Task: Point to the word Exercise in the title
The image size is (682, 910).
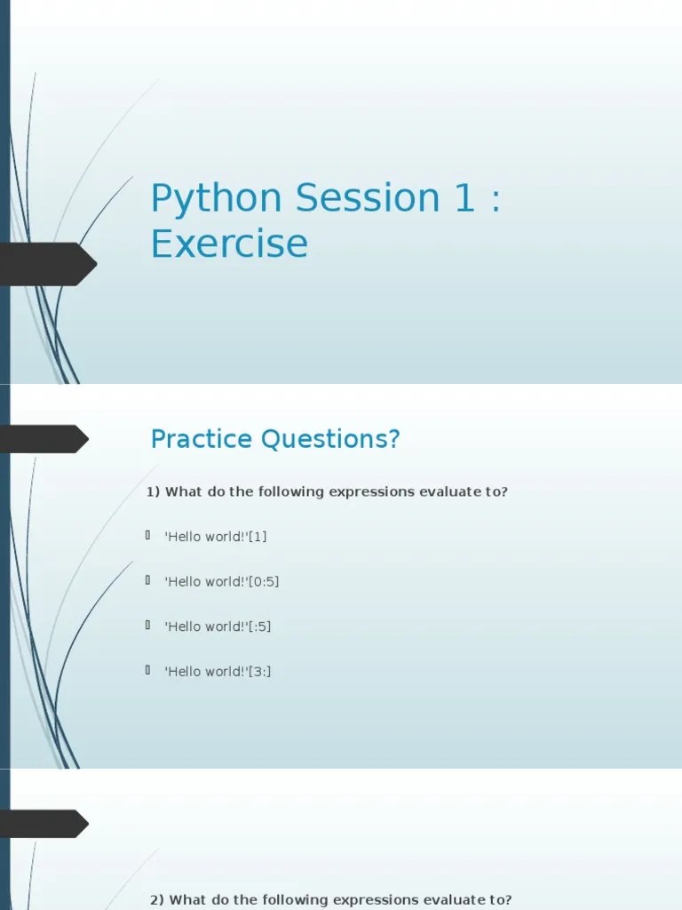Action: (229, 243)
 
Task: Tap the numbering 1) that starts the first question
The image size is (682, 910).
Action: (153, 491)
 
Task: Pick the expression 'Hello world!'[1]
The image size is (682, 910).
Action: (216, 537)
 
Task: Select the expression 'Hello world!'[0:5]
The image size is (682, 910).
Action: (222, 581)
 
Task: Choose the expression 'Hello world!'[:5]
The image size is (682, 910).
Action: (218, 627)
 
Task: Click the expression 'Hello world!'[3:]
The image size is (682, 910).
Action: (218, 672)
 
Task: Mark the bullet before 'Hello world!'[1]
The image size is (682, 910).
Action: (148, 536)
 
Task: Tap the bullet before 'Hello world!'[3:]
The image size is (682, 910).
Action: (148, 671)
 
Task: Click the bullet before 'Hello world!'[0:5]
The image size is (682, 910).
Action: (148, 580)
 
